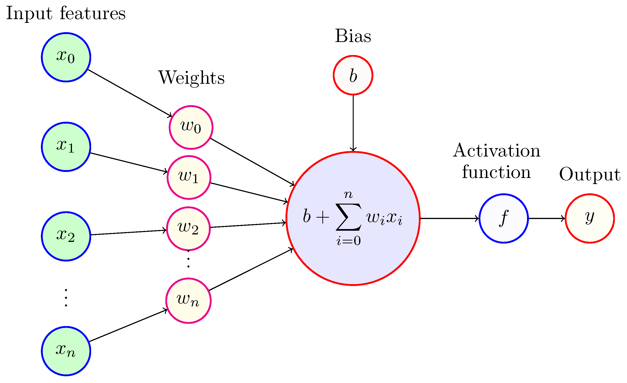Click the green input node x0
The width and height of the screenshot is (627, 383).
tap(66, 57)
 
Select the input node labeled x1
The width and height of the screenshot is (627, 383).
tap(66, 147)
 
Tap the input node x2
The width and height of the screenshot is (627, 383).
tap(66, 236)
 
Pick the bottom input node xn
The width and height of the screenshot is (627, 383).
tap(66, 351)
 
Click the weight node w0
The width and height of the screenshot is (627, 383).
tap(191, 127)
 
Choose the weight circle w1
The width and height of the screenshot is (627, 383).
tap(189, 178)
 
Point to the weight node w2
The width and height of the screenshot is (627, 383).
tap(188, 229)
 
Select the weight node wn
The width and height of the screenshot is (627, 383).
tap(188, 301)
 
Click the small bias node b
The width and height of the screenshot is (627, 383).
tap(353, 75)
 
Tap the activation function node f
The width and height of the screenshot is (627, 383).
tap(504, 218)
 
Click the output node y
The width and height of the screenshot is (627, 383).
tap(590, 218)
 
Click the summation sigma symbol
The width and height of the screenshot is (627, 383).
tap(348, 217)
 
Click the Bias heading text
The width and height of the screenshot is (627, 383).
tap(353, 36)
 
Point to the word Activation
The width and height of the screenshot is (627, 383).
tap(496, 151)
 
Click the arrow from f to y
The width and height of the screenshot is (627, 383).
tap(547, 218)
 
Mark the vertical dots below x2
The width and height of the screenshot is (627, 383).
tap(66, 298)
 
